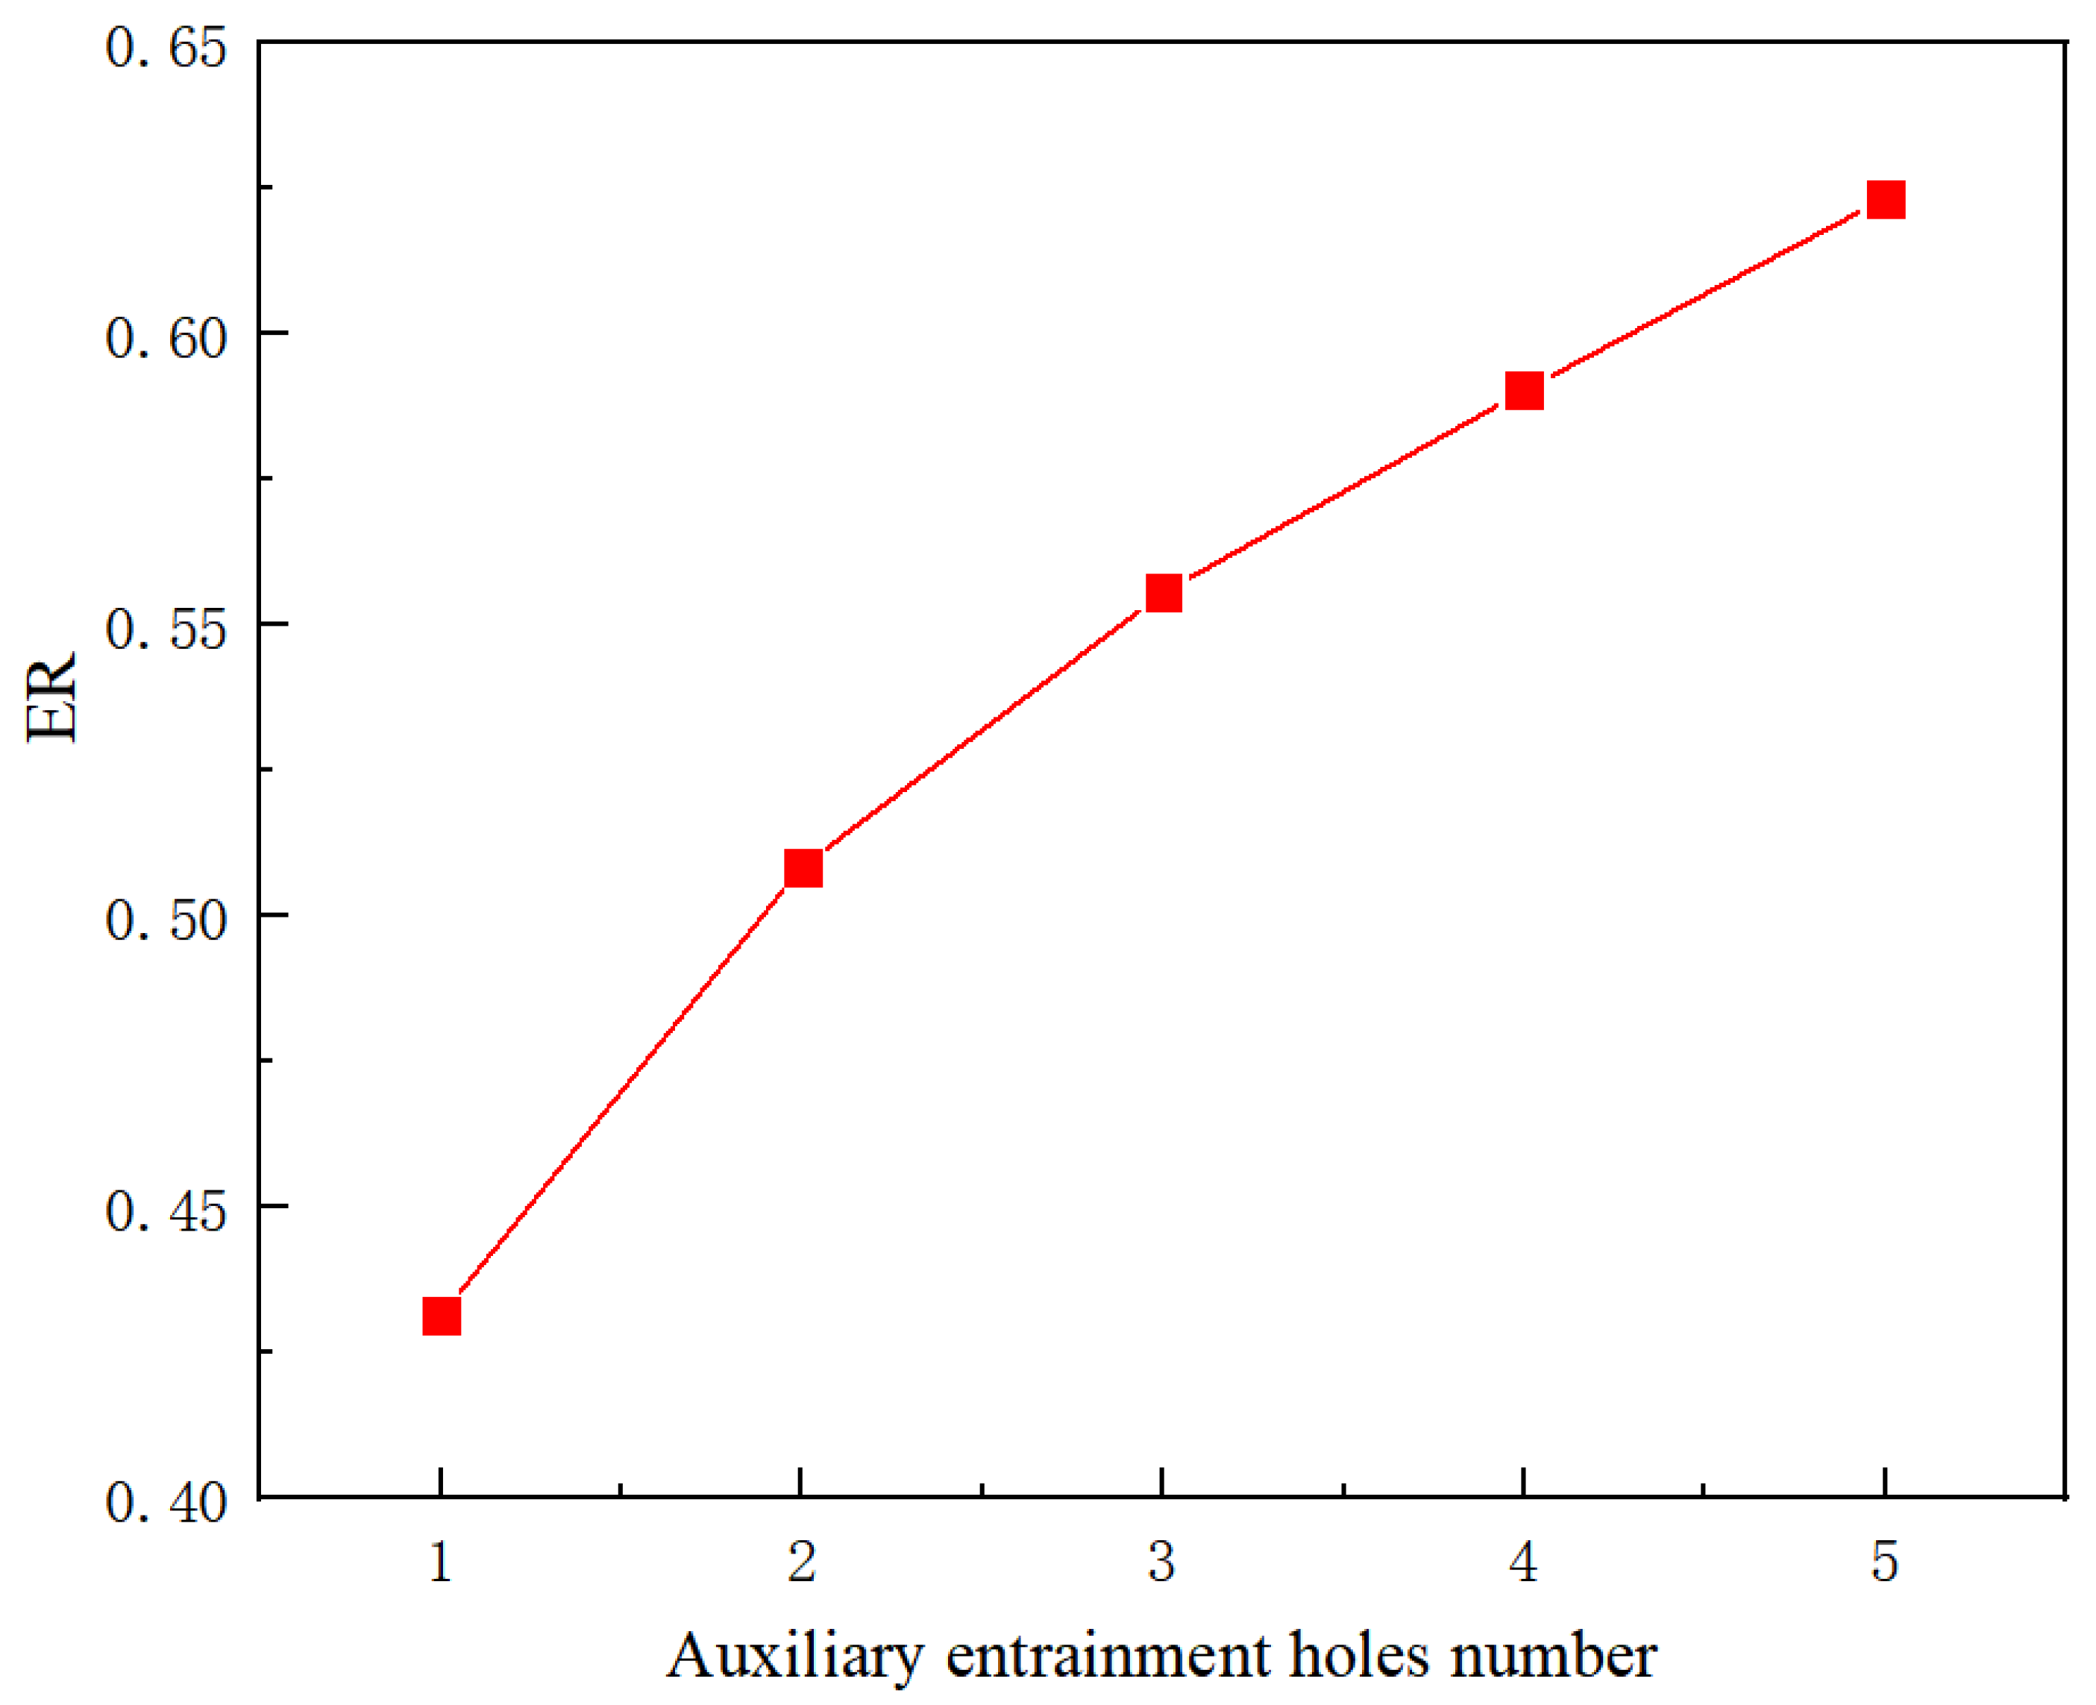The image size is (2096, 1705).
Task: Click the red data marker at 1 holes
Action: [441, 1316]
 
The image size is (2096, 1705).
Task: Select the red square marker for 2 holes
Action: [803, 868]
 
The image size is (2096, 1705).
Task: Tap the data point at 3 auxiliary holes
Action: [1163, 593]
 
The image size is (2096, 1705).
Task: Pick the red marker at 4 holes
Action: [1523, 391]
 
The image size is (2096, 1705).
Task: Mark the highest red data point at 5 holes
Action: [1885, 199]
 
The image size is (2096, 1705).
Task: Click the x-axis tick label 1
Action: [441, 1562]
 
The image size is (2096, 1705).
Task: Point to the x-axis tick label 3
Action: [1162, 1562]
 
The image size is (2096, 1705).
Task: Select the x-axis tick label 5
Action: [1884, 1562]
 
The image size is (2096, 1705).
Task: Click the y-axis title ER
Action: [51, 697]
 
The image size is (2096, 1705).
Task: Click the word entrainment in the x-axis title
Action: [1108, 1656]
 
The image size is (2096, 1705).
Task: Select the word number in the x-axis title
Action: [1554, 1656]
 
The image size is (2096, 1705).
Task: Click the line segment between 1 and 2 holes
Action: [622, 1092]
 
